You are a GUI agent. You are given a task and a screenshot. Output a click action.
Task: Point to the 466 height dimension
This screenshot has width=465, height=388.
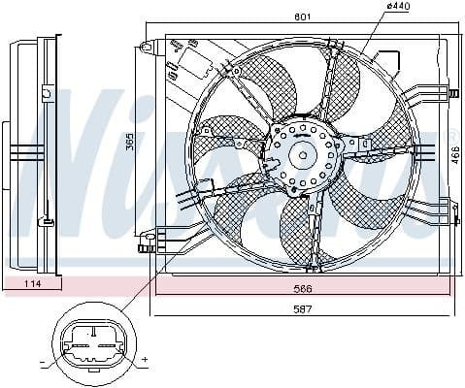(454, 155)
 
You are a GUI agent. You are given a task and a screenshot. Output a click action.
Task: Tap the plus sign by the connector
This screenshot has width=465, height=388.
(144, 360)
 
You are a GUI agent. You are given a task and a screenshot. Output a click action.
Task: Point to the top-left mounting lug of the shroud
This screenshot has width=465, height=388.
(147, 46)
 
